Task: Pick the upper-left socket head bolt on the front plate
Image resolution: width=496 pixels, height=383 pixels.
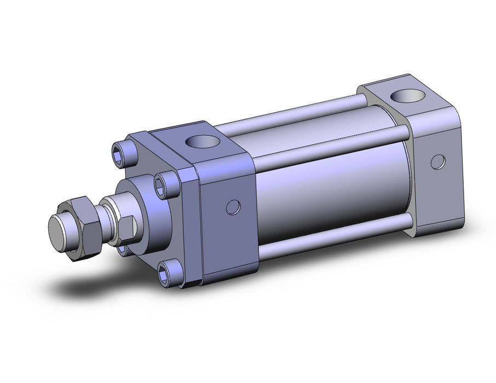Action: (122, 150)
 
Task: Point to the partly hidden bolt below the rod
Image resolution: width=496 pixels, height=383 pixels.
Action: (122, 249)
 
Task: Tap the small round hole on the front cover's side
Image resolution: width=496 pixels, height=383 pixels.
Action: (233, 207)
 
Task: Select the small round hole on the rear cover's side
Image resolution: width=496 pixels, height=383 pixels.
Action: (437, 161)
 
